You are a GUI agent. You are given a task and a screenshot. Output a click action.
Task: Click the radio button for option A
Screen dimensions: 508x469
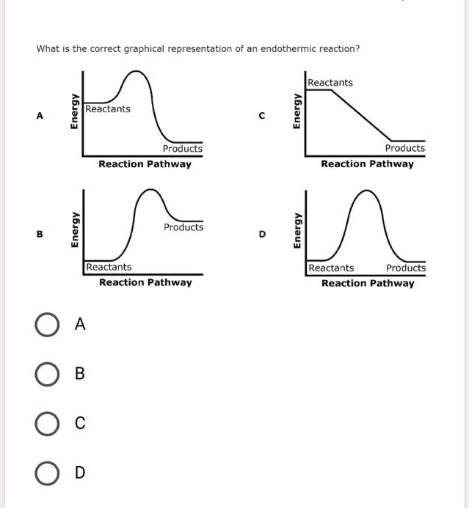pos(46,324)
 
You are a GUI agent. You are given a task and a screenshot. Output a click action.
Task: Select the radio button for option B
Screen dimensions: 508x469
pos(46,374)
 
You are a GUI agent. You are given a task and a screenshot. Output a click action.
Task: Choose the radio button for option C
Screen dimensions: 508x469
pos(46,423)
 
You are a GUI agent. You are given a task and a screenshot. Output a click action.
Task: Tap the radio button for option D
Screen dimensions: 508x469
pos(46,473)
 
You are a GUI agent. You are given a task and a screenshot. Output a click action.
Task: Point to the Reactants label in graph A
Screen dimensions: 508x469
pos(108,109)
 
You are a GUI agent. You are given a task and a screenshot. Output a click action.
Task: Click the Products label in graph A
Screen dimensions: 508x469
pos(183,149)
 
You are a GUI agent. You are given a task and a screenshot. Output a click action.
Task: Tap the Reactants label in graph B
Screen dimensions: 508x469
pos(109,268)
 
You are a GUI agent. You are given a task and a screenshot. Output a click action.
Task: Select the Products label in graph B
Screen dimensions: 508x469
pos(183,227)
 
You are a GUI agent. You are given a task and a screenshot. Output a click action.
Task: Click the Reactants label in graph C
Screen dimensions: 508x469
pos(330,83)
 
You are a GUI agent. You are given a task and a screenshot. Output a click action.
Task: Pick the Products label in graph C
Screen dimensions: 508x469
pos(405,148)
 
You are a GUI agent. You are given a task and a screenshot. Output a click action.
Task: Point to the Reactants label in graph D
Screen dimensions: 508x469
pos(332,268)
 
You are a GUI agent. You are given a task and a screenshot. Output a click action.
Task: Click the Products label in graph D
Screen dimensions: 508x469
pos(406,268)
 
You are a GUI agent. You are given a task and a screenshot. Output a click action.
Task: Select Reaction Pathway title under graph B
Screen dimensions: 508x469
pos(145,282)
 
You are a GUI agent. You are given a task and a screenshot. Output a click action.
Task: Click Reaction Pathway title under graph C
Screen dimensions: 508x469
pos(367,164)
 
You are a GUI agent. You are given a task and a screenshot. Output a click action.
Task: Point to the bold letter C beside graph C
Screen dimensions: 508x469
pos(262,115)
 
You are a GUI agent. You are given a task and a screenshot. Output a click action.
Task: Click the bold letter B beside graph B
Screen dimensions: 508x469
pos(40,235)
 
